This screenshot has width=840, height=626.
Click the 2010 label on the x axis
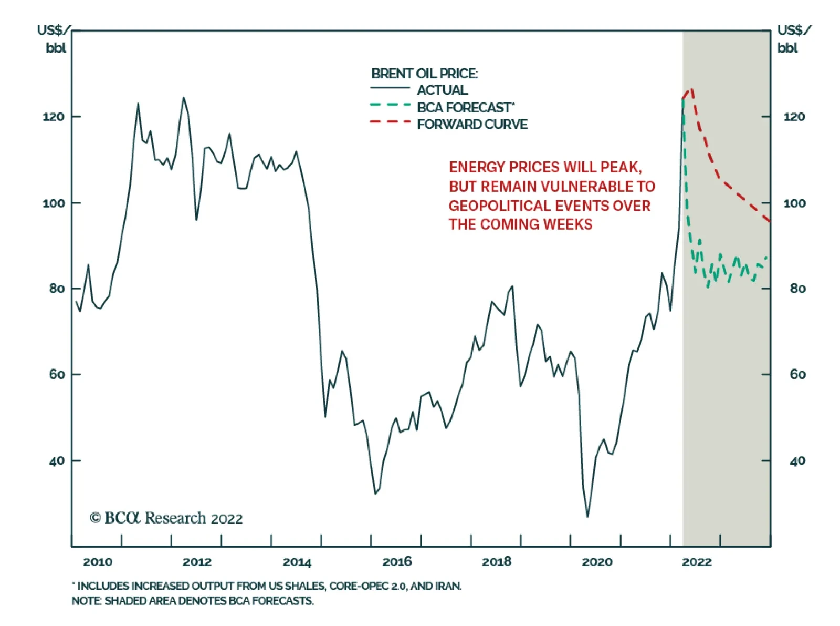click(x=98, y=562)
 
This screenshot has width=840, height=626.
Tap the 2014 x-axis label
click(x=297, y=562)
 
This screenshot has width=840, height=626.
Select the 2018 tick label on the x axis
click(x=497, y=562)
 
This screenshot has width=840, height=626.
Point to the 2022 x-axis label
click(x=697, y=562)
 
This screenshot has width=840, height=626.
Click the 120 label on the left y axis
click(x=54, y=117)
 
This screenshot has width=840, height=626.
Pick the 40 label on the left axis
click(x=57, y=461)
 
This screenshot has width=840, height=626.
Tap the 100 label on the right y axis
click(x=794, y=203)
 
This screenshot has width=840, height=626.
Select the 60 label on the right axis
click(x=797, y=374)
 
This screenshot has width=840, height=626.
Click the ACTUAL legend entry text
click(x=442, y=90)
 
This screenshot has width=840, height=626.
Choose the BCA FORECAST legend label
click(x=464, y=108)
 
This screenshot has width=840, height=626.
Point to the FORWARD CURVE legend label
click(x=472, y=125)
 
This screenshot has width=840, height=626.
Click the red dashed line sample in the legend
click(x=390, y=122)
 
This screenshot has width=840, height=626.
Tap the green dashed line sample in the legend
click(x=390, y=105)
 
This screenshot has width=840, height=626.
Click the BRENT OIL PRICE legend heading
click(x=424, y=74)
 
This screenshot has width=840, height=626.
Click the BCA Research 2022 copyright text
click(x=166, y=518)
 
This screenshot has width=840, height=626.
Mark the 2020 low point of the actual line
click(x=587, y=517)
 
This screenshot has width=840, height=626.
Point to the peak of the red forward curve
click(x=691, y=89)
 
